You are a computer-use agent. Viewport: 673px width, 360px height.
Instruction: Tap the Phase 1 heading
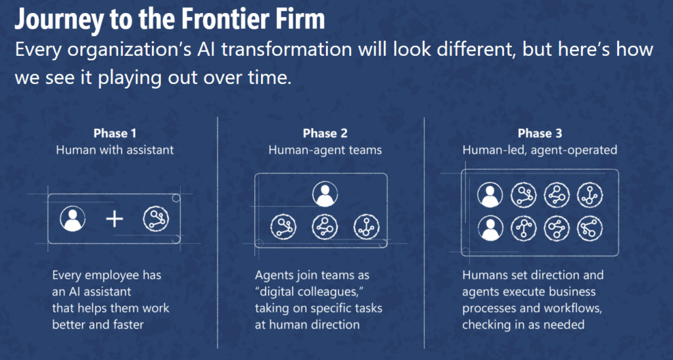click(x=115, y=133)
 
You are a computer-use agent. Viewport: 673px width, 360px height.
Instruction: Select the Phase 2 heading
click(x=325, y=133)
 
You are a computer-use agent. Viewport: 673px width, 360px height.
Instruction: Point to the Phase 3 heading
click(x=540, y=133)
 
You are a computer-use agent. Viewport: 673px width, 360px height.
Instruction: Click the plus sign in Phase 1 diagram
click(x=114, y=219)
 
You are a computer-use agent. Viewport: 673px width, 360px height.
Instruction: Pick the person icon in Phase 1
click(x=72, y=219)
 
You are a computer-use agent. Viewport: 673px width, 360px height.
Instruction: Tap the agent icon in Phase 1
click(x=156, y=219)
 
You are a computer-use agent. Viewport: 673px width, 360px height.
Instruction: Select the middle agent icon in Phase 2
click(x=325, y=227)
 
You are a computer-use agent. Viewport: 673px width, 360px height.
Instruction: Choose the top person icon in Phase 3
click(x=490, y=195)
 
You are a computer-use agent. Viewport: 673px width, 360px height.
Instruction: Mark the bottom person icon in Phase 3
click(x=490, y=229)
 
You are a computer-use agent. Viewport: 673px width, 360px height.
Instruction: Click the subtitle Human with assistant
click(x=115, y=150)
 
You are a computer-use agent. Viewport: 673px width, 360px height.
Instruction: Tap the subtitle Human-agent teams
click(x=325, y=150)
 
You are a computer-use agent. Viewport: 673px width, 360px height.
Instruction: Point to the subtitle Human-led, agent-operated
click(x=540, y=150)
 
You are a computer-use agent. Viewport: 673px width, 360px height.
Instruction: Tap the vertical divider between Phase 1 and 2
click(x=218, y=233)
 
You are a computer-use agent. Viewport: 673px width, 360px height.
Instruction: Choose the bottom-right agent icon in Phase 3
click(x=590, y=229)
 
